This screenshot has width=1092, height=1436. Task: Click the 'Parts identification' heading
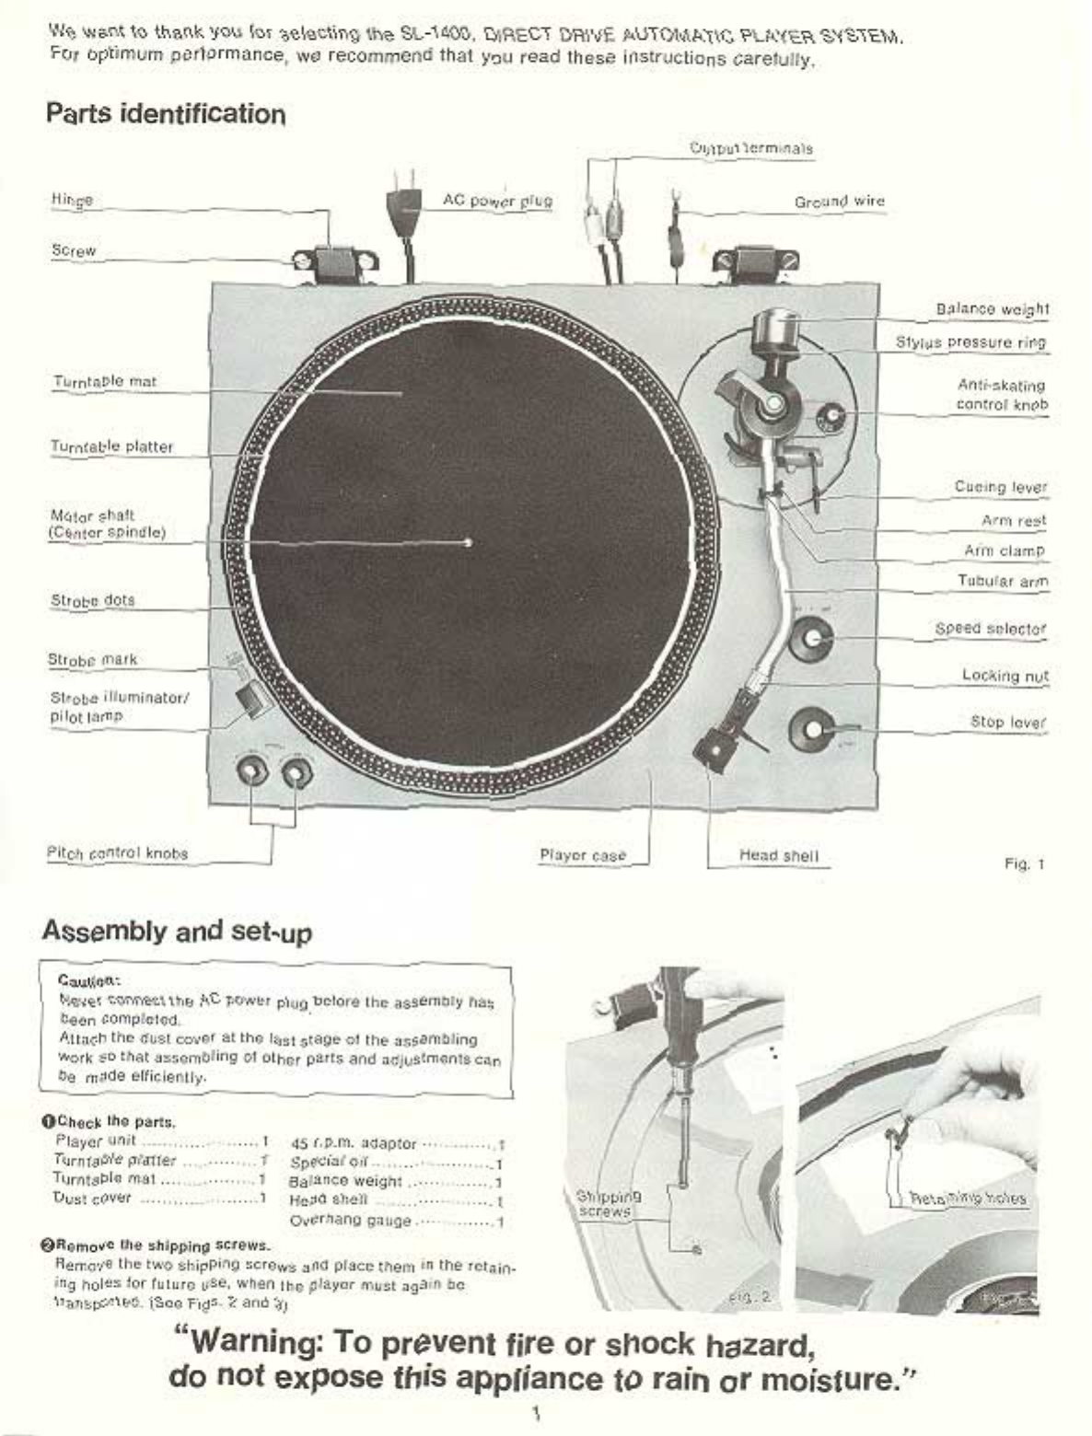tap(166, 114)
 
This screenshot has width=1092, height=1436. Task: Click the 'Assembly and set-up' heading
tap(177, 931)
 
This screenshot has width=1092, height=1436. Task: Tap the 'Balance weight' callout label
tap(992, 309)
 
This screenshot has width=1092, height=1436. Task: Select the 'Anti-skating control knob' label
tap(1001, 395)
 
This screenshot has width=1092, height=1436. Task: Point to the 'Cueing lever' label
tap(1000, 487)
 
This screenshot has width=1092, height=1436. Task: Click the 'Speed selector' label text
tap(990, 629)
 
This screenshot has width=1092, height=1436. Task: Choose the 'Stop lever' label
tap(1008, 722)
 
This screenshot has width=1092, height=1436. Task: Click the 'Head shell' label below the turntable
tap(778, 855)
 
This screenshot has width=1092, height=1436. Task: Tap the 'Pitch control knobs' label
tap(117, 853)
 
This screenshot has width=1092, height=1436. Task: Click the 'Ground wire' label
tap(839, 201)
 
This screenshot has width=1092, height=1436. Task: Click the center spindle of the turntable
tap(470, 542)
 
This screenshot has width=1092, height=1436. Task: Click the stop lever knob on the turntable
tap(811, 730)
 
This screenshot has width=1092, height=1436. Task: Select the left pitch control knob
tap(252, 770)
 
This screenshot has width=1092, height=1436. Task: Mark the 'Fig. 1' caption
tap(1024, 863)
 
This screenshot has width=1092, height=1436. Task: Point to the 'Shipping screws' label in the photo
tap(605, 1204)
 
